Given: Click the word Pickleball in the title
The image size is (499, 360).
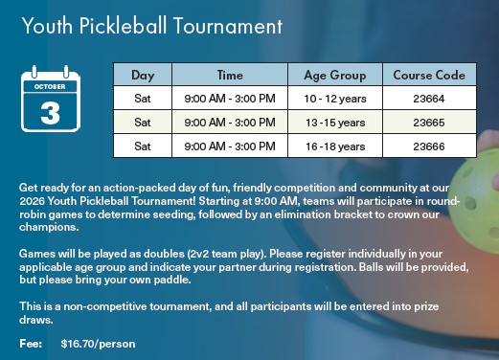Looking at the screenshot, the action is click(123, 26).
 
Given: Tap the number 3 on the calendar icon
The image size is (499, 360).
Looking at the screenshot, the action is click(50, 113).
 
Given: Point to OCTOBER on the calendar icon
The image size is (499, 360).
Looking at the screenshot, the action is click(50, 86).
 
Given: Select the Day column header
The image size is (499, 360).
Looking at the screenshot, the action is click(143, 76).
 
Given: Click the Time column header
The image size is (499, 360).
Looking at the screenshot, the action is click(230, 75).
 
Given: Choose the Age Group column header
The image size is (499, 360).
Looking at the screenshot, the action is click(335, 76).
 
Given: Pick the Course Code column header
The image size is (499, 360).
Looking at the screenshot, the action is click(429, 75).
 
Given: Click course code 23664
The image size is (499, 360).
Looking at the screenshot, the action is click(429, 99).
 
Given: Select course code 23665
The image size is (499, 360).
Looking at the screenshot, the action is click(429, 123).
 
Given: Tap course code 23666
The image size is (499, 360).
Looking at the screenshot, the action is click(429, 146).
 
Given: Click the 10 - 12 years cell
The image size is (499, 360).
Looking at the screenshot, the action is click(335, 99).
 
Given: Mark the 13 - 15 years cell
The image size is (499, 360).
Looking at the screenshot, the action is click(335, 123).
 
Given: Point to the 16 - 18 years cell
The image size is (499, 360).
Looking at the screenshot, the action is click(335, 146).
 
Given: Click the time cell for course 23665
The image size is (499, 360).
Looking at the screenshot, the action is click(230, 123).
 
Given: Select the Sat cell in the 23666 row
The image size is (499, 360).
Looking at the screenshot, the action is click(143, 146).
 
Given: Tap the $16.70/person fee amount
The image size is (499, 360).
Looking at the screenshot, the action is click(98, 344).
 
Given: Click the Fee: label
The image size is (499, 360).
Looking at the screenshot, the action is click(31, 344).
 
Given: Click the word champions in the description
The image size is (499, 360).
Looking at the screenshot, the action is click(49, 227).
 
